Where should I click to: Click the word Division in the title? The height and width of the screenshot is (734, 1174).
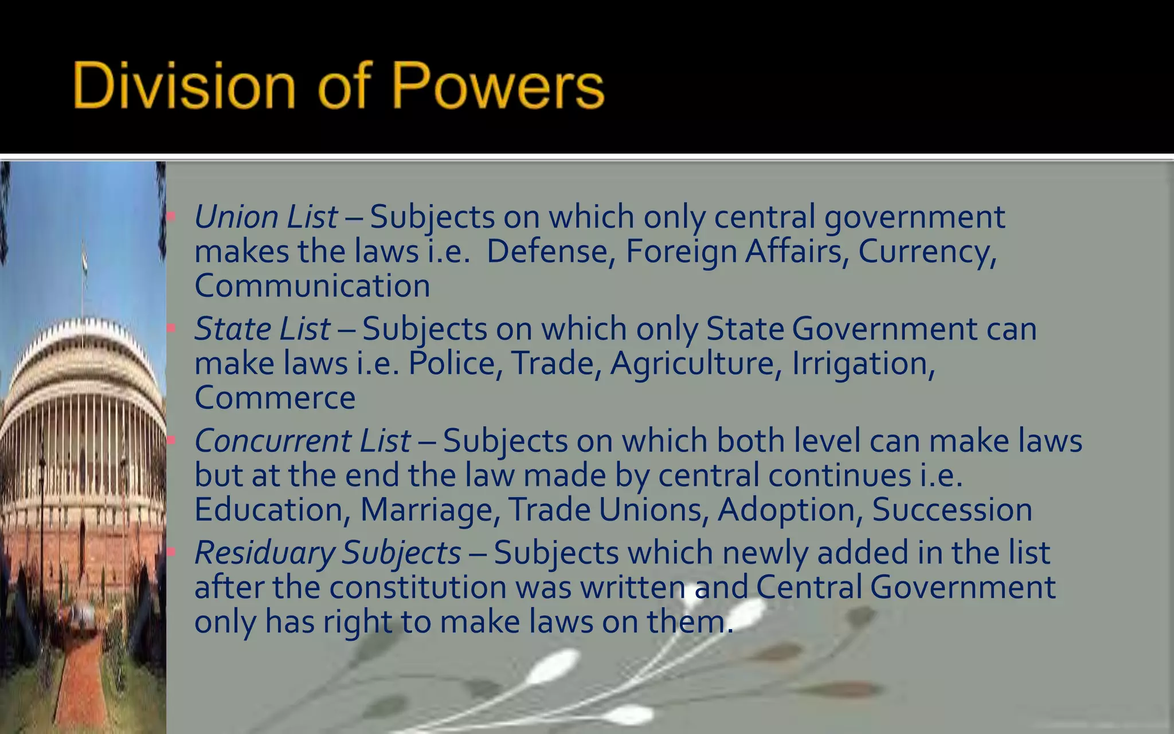click(183, 86)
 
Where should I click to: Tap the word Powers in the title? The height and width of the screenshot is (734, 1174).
click(498, 86)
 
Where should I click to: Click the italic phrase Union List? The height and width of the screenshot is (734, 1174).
click(266, 217)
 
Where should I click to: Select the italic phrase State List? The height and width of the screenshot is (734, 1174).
click(263, 329)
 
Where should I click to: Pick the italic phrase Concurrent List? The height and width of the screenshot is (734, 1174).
click(303, 441)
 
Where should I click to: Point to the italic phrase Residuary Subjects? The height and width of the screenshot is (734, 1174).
click(327, 553)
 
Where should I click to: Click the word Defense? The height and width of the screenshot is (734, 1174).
click(547, 251)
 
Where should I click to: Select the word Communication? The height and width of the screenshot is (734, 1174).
click(312, 286)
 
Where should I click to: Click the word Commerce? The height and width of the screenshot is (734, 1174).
click(275, 397)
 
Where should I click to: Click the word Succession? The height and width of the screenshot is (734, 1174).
click(952, 510)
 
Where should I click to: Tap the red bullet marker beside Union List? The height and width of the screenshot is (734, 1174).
click(171, 217)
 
